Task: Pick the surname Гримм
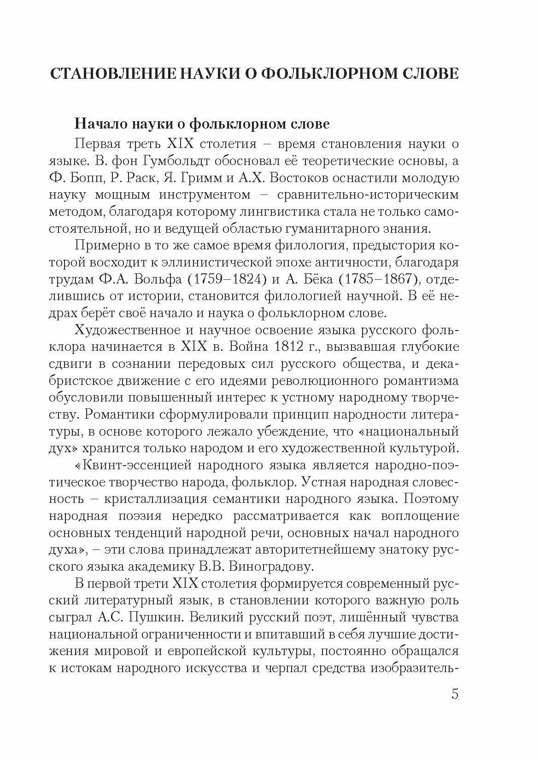click(209, 178)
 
